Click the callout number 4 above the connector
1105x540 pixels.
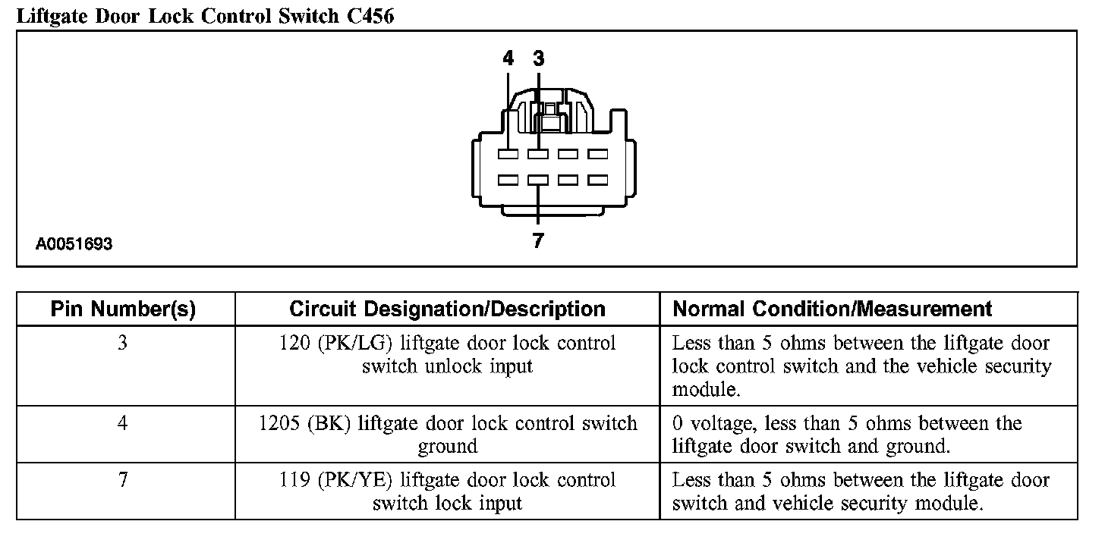508,58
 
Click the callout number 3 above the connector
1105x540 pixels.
538,58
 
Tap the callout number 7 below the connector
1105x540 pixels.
538,240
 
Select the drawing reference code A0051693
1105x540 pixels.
74,244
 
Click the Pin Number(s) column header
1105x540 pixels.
123,309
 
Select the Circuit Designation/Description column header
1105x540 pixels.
447,309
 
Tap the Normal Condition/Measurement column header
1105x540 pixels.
833,309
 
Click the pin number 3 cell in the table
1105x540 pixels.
123,343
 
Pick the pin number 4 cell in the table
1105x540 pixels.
123,422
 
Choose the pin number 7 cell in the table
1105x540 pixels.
123,479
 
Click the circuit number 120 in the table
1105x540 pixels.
293,343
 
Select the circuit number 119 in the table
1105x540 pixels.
293,479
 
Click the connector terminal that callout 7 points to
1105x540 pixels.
538,181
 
